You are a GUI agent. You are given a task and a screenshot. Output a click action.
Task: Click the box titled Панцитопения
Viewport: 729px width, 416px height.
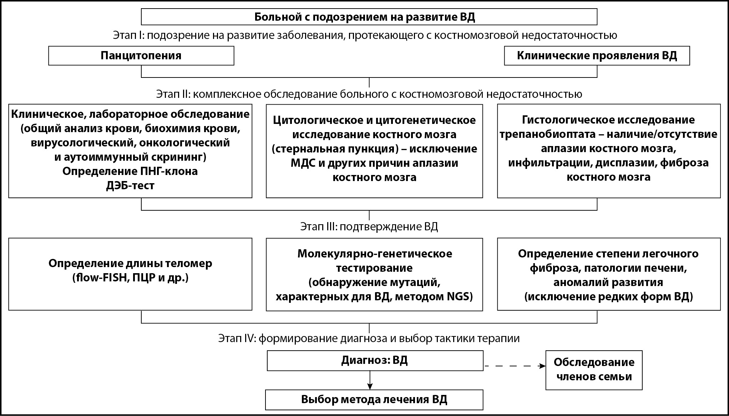click(141, 56)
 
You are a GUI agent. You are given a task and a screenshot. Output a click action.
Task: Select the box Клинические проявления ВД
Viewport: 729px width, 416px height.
click(597, 56)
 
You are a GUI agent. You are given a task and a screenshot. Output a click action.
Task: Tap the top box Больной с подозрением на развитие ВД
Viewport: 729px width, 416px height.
click(369, 17)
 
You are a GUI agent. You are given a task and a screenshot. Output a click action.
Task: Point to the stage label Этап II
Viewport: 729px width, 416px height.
click(173, 94)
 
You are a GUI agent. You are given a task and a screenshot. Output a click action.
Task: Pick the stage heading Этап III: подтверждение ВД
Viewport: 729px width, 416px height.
click(369, 227)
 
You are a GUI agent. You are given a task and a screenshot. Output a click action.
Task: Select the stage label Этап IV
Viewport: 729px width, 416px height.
click(236, 338)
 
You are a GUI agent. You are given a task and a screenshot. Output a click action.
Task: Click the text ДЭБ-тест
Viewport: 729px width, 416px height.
click(130, 186)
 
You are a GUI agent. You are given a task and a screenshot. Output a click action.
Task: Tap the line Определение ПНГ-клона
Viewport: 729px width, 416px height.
click(130, 171)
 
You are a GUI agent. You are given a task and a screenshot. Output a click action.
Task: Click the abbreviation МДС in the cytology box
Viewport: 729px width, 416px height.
click(302, 163)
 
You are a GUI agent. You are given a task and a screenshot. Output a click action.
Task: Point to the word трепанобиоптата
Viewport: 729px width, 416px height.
click(548, 134)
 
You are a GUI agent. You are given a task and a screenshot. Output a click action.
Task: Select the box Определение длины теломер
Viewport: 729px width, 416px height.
click(130, 274)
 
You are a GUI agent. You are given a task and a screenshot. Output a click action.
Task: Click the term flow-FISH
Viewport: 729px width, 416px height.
click(100, 278)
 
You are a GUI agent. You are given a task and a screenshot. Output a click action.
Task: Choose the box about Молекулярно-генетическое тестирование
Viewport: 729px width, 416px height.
click(374, 274)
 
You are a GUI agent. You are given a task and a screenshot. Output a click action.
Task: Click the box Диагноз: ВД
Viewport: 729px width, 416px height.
click(375, 360)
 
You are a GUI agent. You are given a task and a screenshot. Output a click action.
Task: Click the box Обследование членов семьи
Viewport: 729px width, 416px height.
click(594, 370)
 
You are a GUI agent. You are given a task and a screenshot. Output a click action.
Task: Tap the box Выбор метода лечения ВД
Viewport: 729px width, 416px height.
click(374, 399)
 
